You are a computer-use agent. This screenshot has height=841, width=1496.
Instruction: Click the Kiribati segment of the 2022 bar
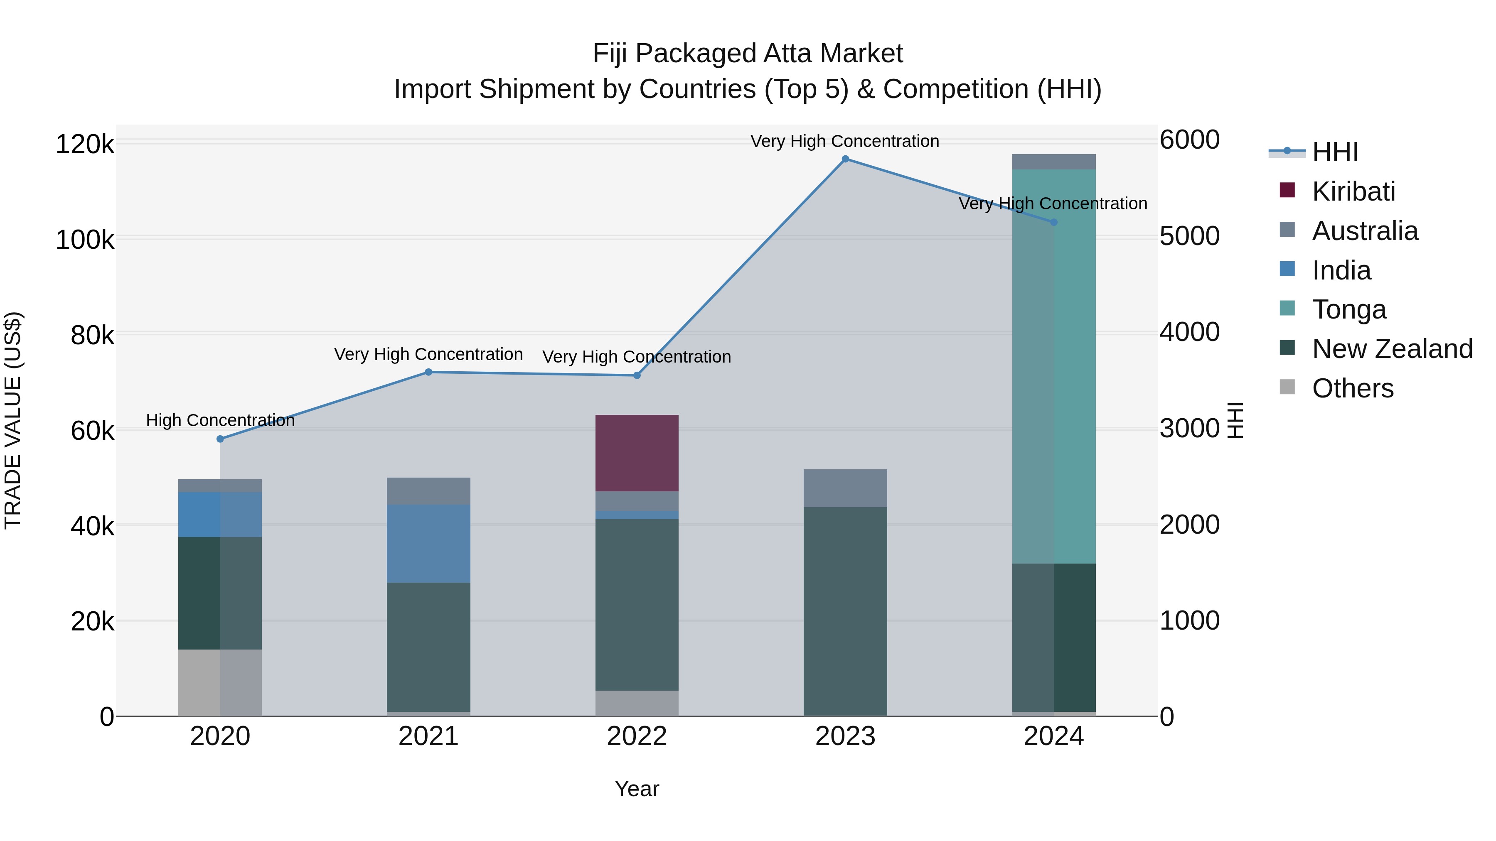[637, 453]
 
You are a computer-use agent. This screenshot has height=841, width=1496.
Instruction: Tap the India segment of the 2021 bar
[428, 543]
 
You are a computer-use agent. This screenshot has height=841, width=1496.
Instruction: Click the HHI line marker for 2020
[220, 439]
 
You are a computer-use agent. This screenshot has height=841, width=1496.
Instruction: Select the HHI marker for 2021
[428, 372]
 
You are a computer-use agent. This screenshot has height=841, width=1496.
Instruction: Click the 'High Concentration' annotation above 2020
[220, 420]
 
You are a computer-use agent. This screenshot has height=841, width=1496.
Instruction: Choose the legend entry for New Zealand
[1392, 349]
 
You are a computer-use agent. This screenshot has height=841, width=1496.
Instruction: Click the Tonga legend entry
[1348, 309]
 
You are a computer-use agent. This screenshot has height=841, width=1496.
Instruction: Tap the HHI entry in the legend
[1334, 152]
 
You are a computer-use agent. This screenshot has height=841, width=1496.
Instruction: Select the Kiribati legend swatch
[1287, 190]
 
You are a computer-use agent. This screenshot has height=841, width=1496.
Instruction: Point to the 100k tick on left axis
[85, 240]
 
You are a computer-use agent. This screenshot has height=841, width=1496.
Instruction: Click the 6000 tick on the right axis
[1189, 140]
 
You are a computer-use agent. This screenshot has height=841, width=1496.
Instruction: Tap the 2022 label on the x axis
[637, 736]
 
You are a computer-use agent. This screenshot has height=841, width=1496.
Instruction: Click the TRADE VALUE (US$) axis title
[13, 420]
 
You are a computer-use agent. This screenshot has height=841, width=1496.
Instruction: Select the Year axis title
[637, 789]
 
